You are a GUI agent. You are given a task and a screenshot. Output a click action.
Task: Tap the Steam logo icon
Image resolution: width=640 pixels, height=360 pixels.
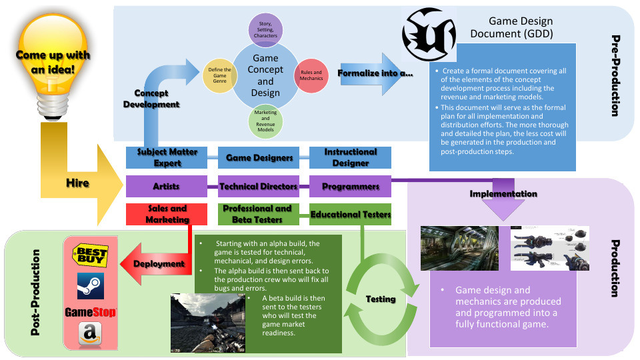(90, 284)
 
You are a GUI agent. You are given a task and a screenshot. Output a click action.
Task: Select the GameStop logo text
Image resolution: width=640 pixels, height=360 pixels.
(90, 312)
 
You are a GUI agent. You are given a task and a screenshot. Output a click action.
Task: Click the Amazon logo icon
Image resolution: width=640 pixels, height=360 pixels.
(90, 335)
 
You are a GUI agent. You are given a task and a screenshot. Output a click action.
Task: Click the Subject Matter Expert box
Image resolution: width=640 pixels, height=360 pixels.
(167, 157)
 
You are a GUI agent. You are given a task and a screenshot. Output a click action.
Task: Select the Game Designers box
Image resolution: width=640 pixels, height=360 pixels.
(259, 157)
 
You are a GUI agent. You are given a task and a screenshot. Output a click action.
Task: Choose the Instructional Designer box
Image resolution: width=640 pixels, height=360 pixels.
(350, 157)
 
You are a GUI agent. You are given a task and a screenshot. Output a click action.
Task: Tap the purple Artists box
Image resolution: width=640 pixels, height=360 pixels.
(167, 186)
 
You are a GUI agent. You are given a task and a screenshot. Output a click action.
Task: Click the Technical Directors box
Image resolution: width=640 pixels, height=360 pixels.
(259, 186)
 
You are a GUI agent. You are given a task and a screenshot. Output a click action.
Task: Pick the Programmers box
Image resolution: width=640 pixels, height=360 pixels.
(350, 186)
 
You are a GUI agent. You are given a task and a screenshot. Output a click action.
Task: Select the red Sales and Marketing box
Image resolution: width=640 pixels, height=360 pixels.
(167, 214)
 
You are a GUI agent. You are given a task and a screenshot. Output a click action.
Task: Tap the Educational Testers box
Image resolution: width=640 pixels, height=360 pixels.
(350, 214)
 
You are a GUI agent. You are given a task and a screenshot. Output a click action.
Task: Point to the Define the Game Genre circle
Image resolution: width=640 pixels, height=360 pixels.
(220, 75)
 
